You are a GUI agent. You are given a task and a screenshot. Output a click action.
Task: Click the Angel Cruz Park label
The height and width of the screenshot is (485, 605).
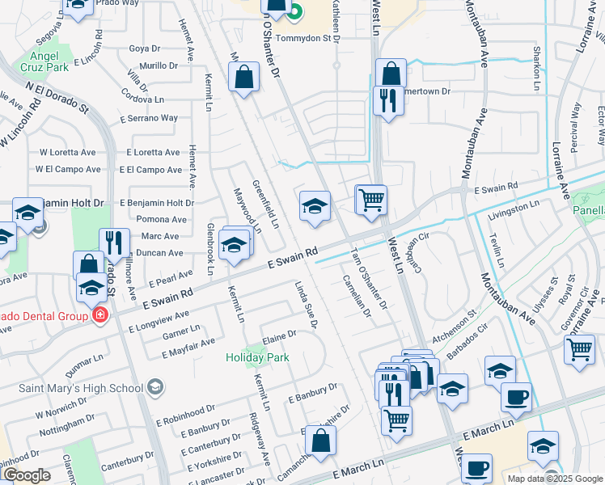pyautogui.click(x=49, y=61)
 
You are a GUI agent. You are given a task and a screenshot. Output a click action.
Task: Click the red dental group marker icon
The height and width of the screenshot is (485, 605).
pyautogui.click(x=100, y=314)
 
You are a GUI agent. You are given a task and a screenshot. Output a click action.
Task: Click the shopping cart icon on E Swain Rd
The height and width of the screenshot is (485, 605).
pyautogui.click(x=371, y=199)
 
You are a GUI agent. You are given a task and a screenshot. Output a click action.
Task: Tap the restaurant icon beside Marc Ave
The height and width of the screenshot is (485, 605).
pyautogui.click(x=114, y=242)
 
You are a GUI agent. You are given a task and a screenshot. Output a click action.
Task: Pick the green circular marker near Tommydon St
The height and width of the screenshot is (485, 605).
pyautogui.click(x=295, y=12)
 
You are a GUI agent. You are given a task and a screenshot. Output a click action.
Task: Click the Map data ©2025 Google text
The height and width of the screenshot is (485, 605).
pyautogui.click(x=555, y=478)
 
